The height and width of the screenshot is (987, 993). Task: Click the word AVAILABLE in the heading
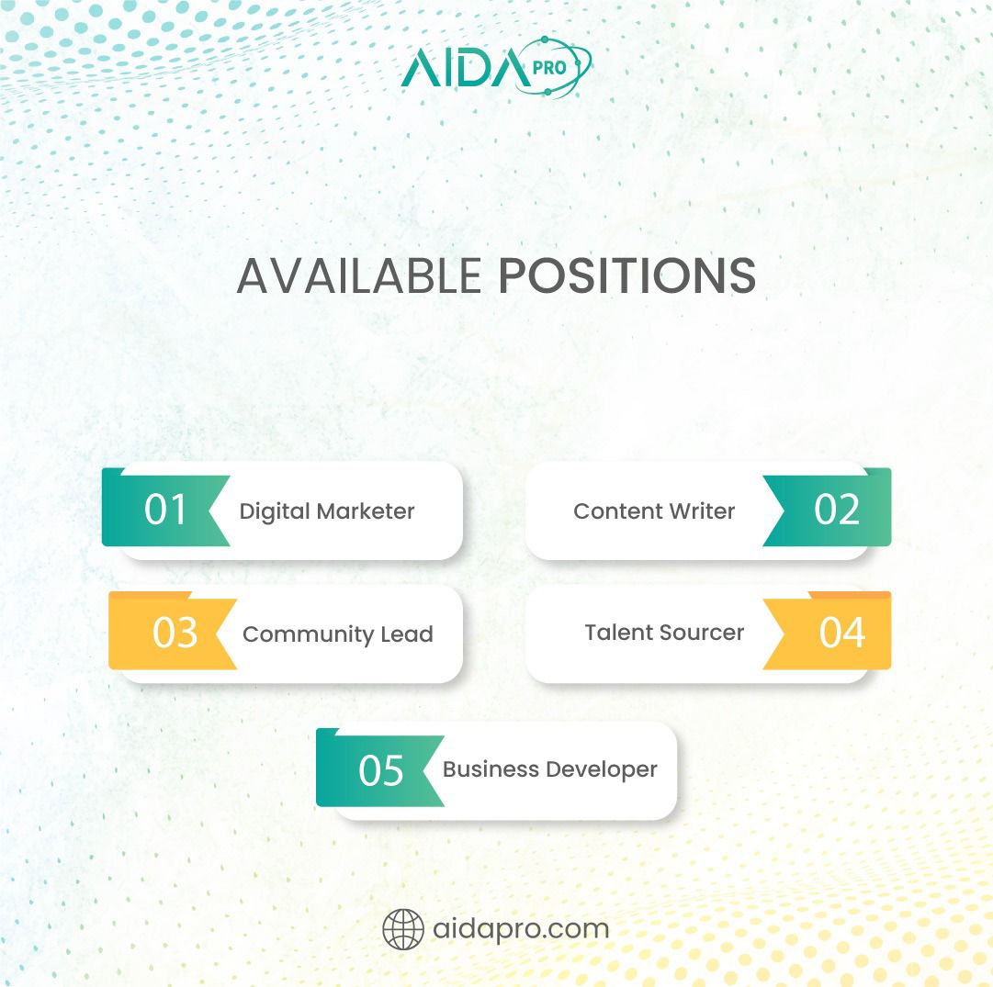[x=359, y=275]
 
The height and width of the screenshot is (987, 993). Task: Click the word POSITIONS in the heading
[x=627, y=275]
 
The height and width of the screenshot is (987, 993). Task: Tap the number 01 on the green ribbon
[x=165, y=509]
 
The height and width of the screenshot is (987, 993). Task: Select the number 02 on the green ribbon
[x=837, y=509]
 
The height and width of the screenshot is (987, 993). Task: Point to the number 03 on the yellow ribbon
[x=175, y=632]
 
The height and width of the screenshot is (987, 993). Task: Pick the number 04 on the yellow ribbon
[x=841, y=632]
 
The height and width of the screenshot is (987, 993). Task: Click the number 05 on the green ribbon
[x=380, y=770]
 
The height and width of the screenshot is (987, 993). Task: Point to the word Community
[x=309, y=634]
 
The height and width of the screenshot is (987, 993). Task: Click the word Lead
[x=407, y=634]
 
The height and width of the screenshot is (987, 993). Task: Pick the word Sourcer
[x=701, y=633]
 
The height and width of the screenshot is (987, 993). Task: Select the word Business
[x=491, y=769]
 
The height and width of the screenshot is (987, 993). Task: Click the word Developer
[x=602, y=769]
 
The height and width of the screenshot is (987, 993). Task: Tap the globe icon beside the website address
[x=403, y=929]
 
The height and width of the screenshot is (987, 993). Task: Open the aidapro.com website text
[x=521, y=929]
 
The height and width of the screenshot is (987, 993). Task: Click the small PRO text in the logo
[x=549, y=67]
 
